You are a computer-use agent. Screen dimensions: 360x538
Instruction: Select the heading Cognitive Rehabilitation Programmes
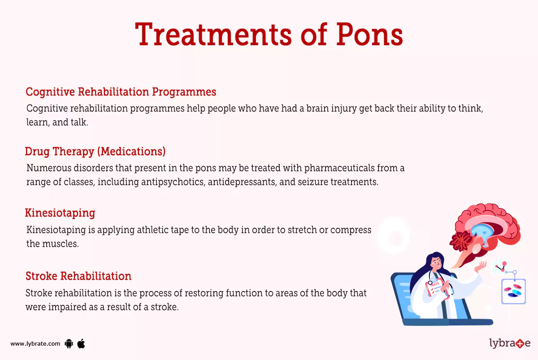(x=121, y=92)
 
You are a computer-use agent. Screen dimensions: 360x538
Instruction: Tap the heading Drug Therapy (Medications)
(x=95, y=152)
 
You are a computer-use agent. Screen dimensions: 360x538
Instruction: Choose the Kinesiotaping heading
(x=60, y=213)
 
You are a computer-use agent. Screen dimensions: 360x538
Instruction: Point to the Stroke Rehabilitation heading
(x=78, y=276)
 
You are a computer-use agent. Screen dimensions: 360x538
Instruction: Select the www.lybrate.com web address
(x=35, y=344)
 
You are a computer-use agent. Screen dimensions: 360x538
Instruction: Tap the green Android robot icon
(x=69, y=344)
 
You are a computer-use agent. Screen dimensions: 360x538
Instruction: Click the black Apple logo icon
(x=81, y=344)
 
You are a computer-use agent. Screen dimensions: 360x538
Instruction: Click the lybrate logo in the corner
(x=509, y=344)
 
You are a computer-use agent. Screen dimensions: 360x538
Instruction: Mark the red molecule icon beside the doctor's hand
(x=500, y=268)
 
